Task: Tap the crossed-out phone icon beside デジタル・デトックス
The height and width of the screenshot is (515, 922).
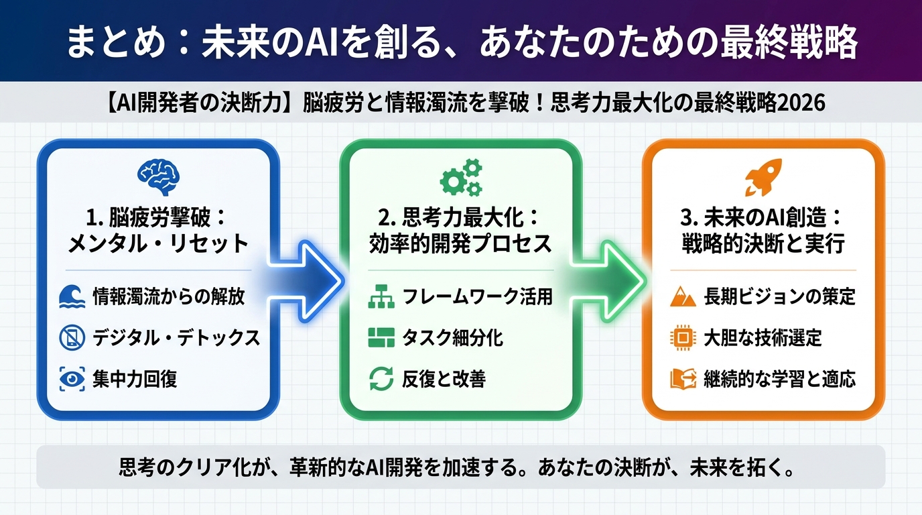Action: (72, 338)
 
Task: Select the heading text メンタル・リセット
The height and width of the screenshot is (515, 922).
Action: (158, 244)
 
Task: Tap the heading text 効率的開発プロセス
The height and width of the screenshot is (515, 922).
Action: (461, 244)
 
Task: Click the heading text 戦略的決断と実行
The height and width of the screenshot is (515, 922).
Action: (763, 244)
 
